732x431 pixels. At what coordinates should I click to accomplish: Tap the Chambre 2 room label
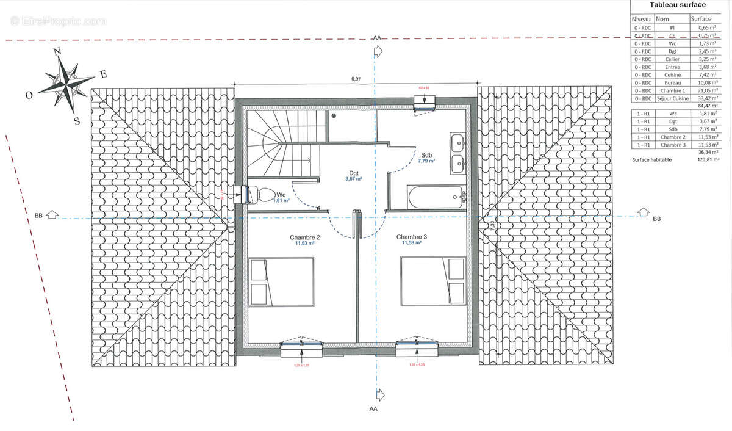pos(305,237)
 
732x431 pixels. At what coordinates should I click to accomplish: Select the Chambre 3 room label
pos(412,237)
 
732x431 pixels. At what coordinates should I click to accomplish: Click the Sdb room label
pos(425,154)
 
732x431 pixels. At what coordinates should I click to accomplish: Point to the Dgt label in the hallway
pos(354,172)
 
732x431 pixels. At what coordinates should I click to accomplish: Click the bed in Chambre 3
pos(433,281)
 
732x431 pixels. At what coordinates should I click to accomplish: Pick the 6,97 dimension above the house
pos(356,79)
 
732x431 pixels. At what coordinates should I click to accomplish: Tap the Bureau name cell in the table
pos(672,82)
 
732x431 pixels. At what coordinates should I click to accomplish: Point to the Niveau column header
pos(642,19)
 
